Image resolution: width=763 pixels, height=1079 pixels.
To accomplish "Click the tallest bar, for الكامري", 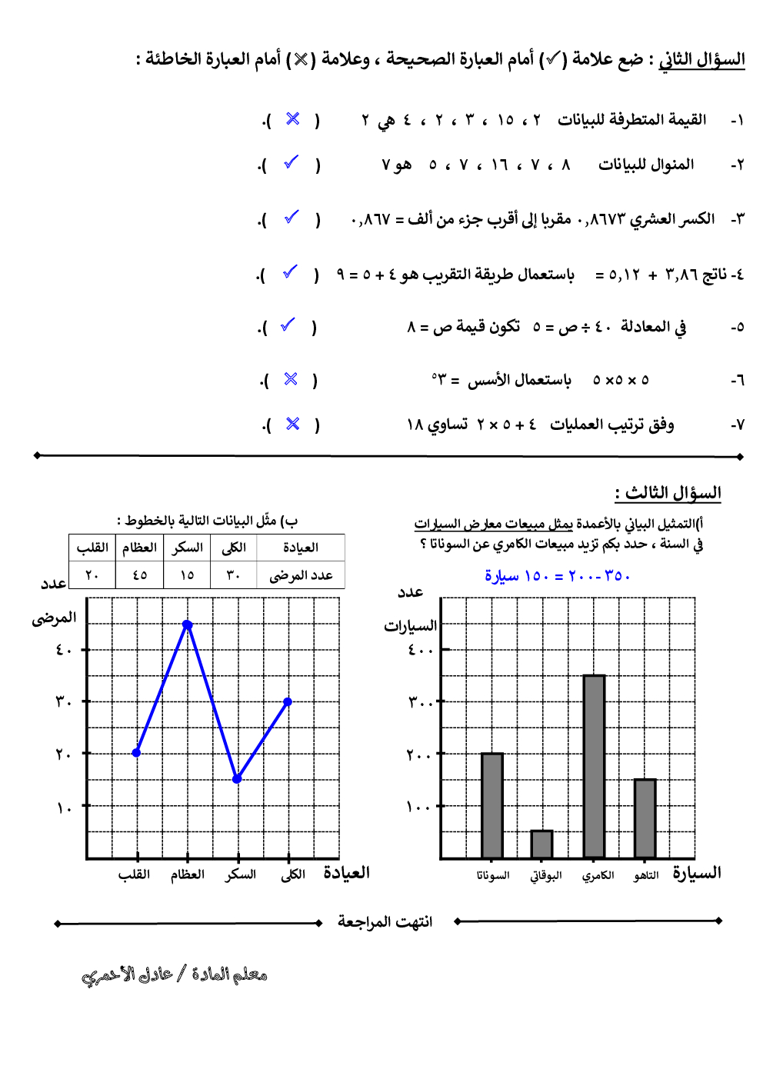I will coord(594,766).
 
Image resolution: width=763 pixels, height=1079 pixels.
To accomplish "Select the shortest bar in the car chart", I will coord(541,844).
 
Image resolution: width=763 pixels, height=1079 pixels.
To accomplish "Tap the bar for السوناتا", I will coord(492,805).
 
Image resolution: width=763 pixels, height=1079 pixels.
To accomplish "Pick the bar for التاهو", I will coord(645,818).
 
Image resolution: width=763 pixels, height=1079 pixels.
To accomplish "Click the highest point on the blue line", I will coord(187,625).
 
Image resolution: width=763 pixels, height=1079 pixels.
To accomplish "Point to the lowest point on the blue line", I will coord(237,779).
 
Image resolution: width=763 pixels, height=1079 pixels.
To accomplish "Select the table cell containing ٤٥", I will coord(139,575).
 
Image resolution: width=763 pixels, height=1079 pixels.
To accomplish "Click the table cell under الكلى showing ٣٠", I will coord(233,575).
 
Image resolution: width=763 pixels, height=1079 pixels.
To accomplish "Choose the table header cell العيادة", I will coord(301,548).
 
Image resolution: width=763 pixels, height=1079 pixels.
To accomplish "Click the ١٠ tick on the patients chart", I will coord(65,807).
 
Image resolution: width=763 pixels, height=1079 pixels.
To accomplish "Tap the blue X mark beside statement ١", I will coord(292,118).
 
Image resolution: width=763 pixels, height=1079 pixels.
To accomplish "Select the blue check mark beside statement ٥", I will coord(288,325).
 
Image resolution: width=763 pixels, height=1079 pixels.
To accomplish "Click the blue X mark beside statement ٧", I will coord(292,424).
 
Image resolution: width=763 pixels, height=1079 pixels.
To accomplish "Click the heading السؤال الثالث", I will coord(668,492).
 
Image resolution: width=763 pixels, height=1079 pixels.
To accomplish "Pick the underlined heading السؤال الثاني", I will coord(701,59).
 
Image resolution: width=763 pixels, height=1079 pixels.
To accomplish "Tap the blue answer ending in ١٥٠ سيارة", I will coord(557,576).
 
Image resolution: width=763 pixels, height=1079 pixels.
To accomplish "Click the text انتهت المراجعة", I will coord(385,921).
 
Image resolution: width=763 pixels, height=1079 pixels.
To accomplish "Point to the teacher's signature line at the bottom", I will coord(175,975).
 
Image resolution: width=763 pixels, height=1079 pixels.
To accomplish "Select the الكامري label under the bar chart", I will coord(598,876).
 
